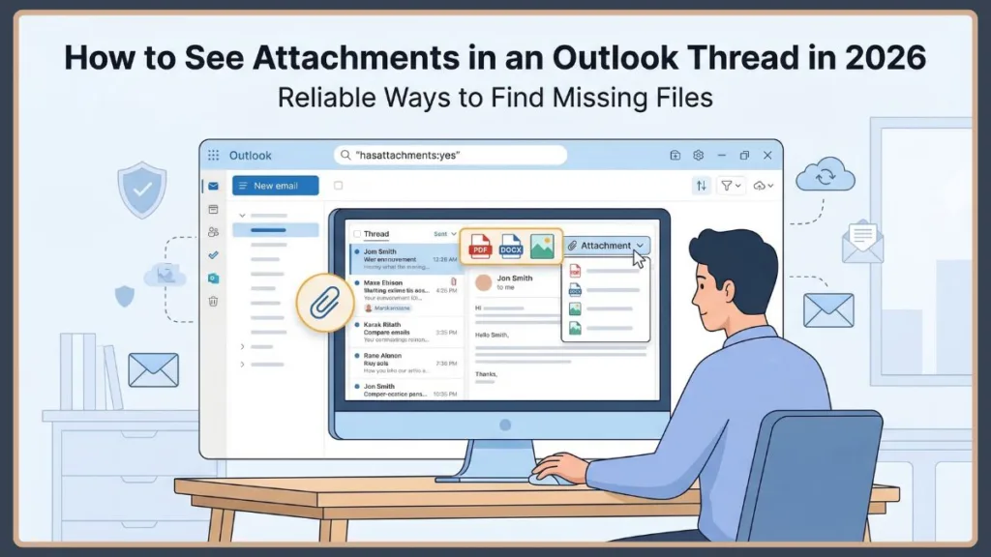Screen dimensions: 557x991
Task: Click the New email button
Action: point(276,186)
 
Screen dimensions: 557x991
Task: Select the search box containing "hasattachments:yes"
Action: point(450,155)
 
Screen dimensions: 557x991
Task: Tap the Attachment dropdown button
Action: point(607,246)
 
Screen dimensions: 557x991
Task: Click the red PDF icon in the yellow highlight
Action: point(480,248)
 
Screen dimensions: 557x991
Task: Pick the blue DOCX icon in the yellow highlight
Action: point(511,248)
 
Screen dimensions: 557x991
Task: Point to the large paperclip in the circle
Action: point(325,302)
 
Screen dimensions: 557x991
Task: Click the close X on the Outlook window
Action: point(767,155)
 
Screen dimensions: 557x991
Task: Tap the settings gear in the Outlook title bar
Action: point(699,155)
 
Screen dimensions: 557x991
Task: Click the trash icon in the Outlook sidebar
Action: point(213,301)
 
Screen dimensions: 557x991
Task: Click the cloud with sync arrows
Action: point(825,176)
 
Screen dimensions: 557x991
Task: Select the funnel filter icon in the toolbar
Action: point(728,186)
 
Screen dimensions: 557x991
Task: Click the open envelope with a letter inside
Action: point(861,242)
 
